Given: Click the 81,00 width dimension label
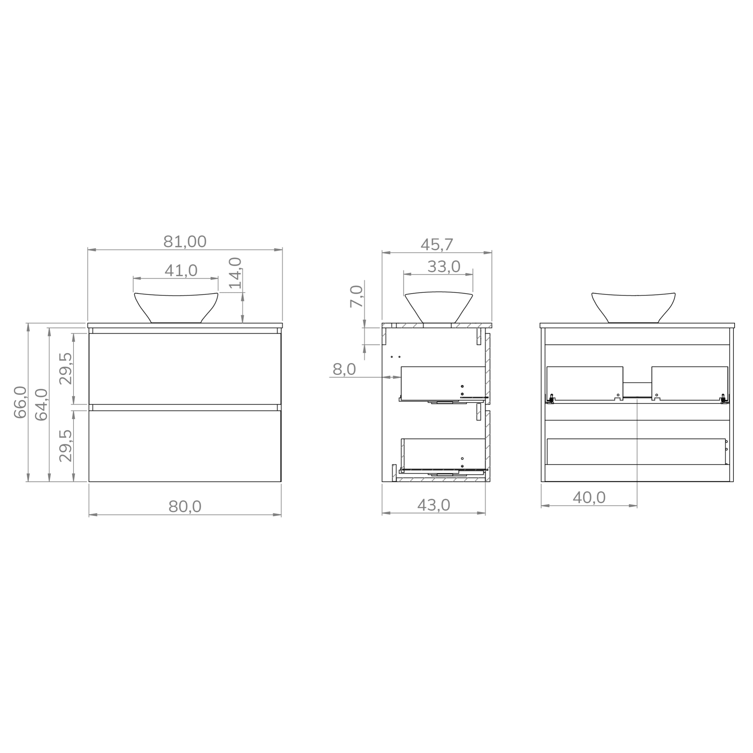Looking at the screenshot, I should [185, 242].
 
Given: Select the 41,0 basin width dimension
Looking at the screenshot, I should [181, 271].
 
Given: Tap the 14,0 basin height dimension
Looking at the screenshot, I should [235, 273].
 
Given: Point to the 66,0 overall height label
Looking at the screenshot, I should [20, 402].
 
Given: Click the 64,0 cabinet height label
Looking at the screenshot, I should [41, 404].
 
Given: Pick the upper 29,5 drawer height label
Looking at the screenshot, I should [66, 369].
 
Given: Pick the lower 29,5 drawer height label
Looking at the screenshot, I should [66, 446].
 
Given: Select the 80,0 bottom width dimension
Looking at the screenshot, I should [185, 507].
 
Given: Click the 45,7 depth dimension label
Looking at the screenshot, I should [436, 245].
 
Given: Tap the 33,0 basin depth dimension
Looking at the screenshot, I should [443, 267].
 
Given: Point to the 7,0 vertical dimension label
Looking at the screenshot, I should [356, 296].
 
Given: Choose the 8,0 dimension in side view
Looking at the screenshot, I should [344, 369].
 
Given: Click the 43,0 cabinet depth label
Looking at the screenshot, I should [433, 506].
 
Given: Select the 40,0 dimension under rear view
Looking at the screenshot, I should [589, 498].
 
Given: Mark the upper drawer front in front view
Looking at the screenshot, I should [185, 368].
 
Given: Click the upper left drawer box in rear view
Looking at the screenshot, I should [584, 383].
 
